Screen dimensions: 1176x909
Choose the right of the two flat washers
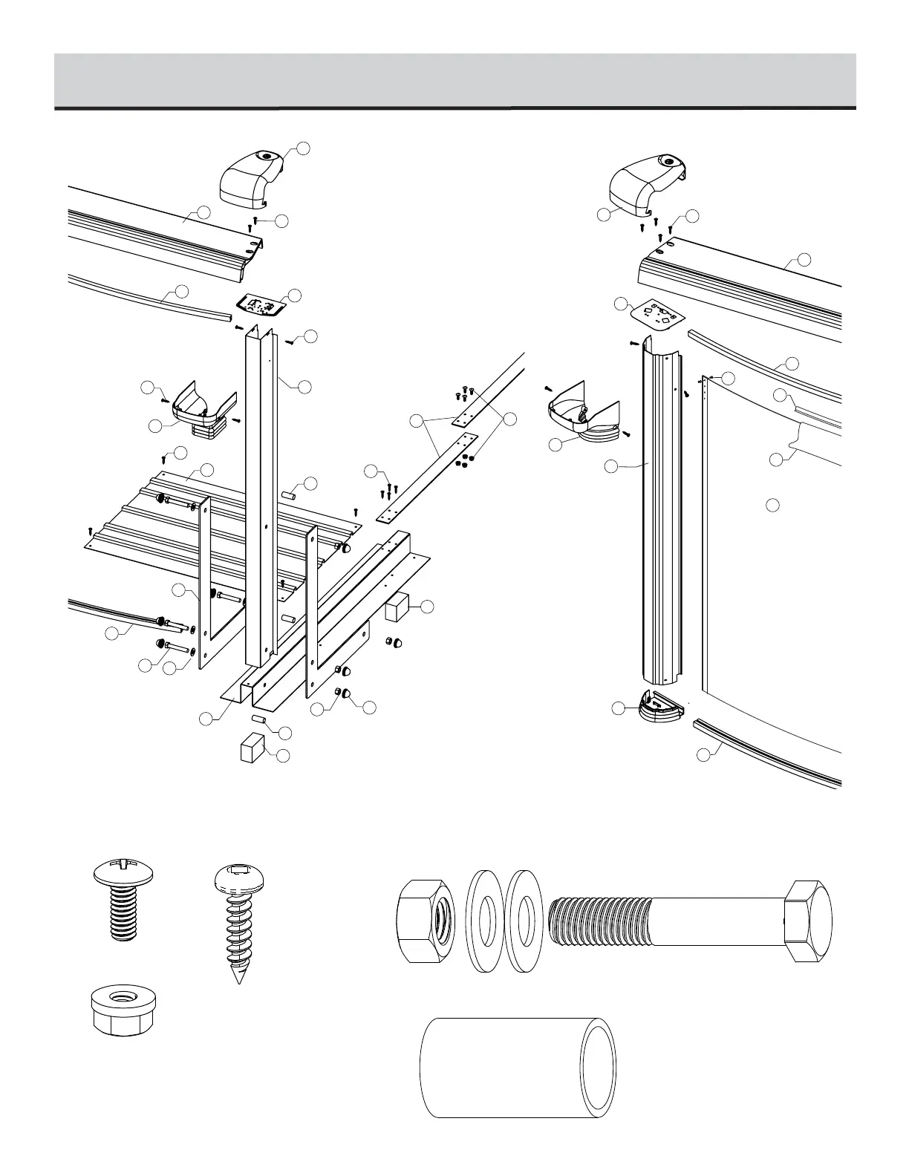coord(524,923)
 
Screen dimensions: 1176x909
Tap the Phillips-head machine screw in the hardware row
coord(122,899)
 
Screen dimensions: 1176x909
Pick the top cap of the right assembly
coord(645,181)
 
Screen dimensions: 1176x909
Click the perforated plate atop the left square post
coord(262,304)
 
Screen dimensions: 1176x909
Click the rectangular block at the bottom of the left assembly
coord(252,748)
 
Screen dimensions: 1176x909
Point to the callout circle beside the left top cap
coord(303,148)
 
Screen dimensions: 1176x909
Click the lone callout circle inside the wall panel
coord(772,506)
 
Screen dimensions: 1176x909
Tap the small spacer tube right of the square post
coord(290,494)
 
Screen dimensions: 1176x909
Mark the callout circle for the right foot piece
coord(619,709)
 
